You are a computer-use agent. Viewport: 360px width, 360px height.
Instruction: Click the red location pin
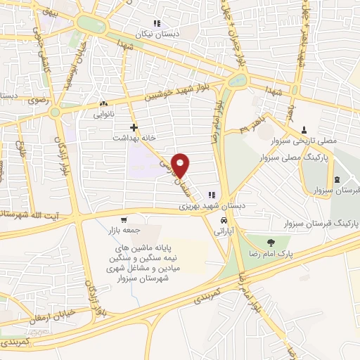tap(181, 165)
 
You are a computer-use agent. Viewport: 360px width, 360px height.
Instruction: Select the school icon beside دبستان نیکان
tap(155, 22)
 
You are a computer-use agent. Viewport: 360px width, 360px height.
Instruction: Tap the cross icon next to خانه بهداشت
tap(133, 127)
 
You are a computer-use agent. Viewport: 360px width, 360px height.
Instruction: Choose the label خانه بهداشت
tap(155, 137)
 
